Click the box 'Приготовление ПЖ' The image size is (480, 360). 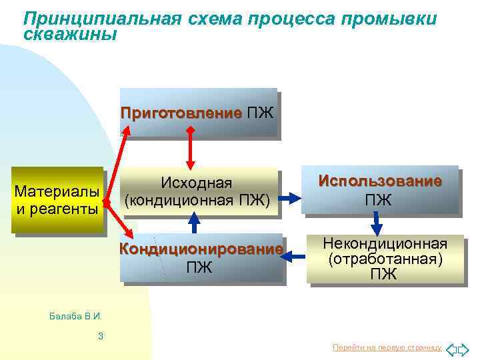point(198,111)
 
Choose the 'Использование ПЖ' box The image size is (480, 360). point(379,190)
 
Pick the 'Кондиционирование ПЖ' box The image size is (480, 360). point(201,258)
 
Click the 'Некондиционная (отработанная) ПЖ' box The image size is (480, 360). point(385,258)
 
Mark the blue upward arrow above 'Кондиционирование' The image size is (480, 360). point(193,222)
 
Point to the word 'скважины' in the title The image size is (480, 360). point(69,33)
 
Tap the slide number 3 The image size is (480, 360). point(100,336)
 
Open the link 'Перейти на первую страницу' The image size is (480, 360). point(387,348)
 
